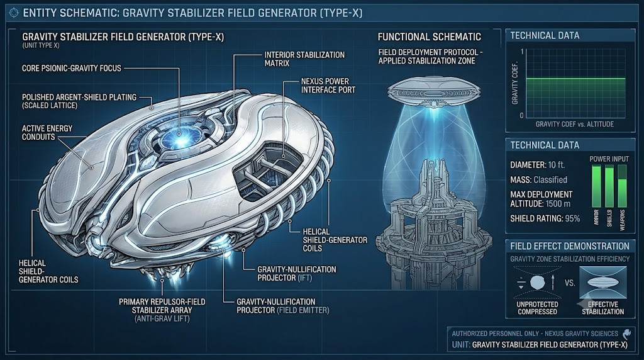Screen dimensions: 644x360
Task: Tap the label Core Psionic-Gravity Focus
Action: click(72, 68)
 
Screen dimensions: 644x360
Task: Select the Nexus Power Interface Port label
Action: click(328, 86)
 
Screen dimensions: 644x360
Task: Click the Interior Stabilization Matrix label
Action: click(304, 59)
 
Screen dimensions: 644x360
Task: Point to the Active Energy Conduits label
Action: click(47, 132)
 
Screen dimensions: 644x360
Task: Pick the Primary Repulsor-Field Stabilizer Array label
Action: click(162, 310)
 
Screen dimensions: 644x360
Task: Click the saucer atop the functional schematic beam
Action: click(433, 91)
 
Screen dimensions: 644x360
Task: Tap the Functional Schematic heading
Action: click(429, 37)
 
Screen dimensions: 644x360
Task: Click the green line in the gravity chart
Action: click(576, 79)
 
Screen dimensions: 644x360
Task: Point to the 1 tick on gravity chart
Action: click(522, 52)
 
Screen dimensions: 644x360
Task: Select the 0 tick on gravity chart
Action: click(521, 115)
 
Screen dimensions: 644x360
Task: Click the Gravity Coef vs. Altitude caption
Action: click(575, 124)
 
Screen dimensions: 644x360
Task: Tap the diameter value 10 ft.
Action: click(557, 165)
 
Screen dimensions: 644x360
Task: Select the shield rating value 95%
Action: click(572, 218)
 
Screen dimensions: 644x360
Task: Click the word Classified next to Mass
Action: click(550, 179)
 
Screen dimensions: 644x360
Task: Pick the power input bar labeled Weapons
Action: click(622, 186)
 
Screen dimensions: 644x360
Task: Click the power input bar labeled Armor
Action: click(596, 186)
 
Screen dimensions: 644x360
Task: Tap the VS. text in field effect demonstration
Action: click(570, 283)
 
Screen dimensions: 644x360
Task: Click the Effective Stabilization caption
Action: click(603, 308)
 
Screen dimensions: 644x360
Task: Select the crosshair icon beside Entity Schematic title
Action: click(14, 13)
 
